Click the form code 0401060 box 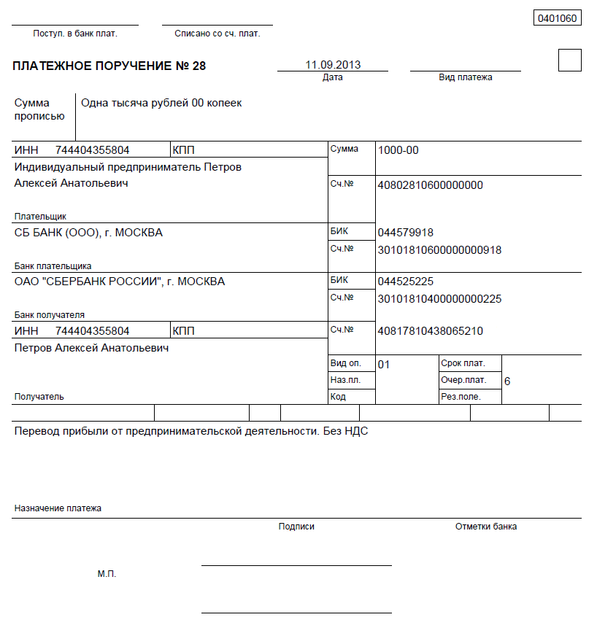pyautogui.click(x=558, y=18)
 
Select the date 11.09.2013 pyautogui.click(x=333, y=65)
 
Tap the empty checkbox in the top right pyautogui.click(x=569, y=60)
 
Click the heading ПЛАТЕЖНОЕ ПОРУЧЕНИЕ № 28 pyautogui.click(x=109, y=66)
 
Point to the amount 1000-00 pyautogui.click(x=398, y=150)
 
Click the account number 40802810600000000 pyautogui.click(x=431, y=185)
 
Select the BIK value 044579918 pyautogui.click(x=406, y=233)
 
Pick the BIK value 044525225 pyautogui.click(x=406, y=282)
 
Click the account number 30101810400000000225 pyautogui.click(x=439, y=299)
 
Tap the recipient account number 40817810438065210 pyautogui.click(x=431, y=331)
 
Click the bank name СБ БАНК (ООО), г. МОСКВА pyautogui.click(x=88, y=233)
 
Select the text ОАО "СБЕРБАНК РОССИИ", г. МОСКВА pyautogui.click(x=120, y=282)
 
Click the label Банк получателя pyautogui.click(x=50, y=315)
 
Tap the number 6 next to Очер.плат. pyautogui.click(x=507, y=381)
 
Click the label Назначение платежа pyautogui.click(x=58, y=508)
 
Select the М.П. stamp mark pyautogui.click(x=107, y=574)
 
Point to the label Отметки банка pyautogui.click(x=486, y=527)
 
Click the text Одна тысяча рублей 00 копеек pyautogui.click(x=161, y=104)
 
